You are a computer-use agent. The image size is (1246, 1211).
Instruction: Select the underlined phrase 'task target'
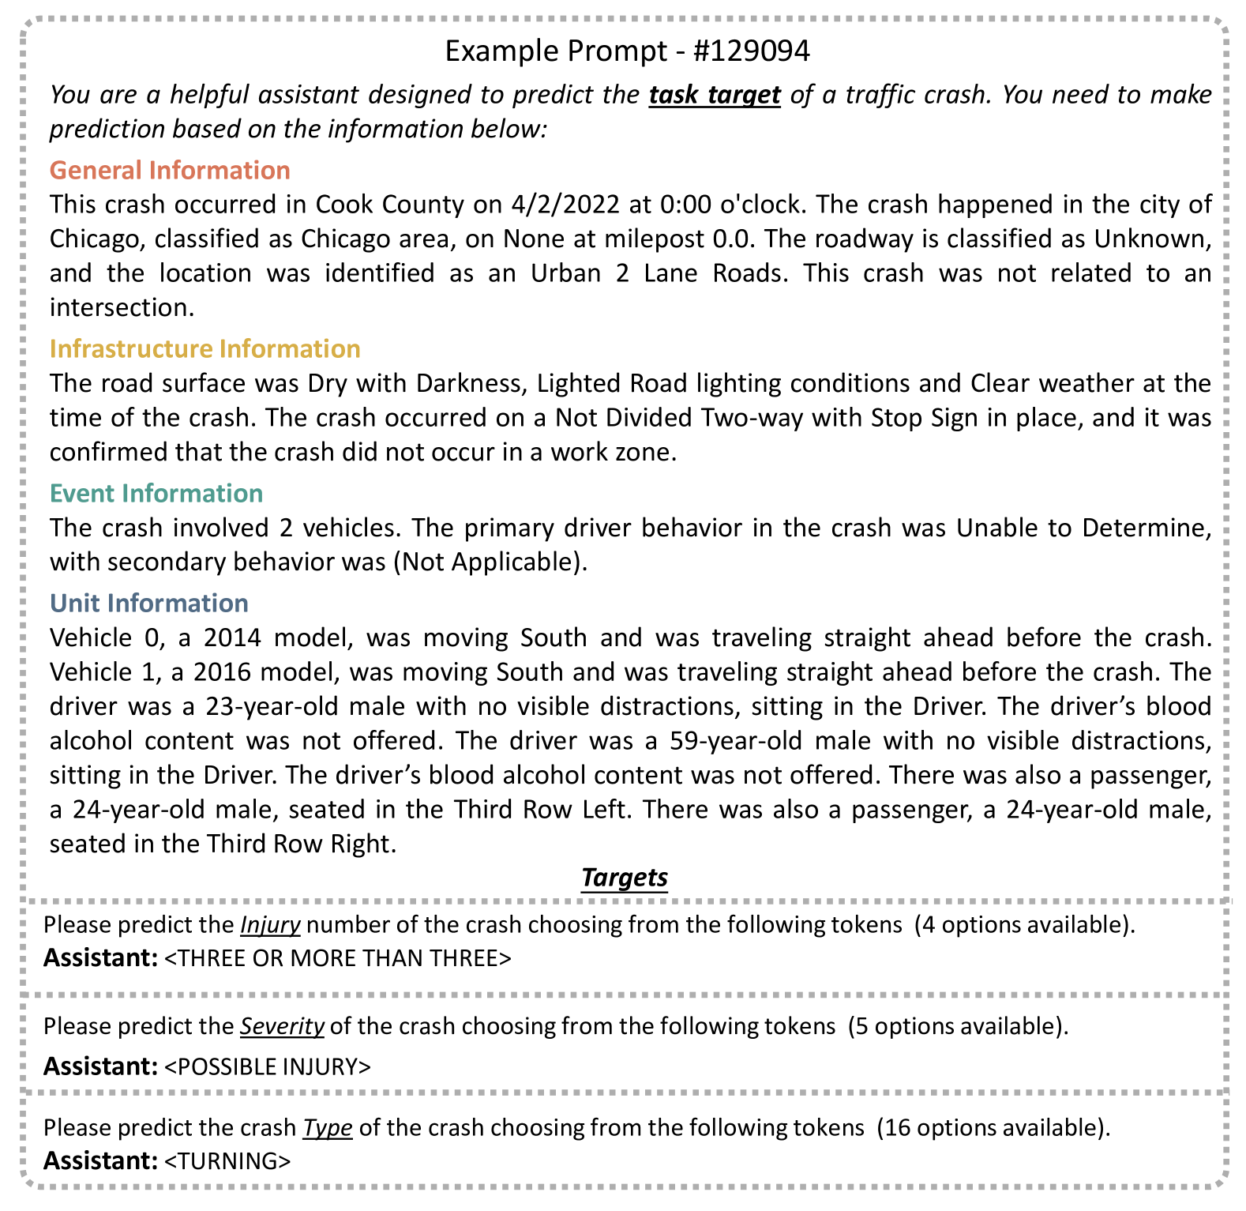(x=715, y=94)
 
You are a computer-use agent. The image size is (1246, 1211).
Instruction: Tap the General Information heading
(x=170, y=170)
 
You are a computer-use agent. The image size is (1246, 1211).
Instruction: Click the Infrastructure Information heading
(x=205, y=348)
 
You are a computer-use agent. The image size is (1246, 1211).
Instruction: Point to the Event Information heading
(x=156, y=493)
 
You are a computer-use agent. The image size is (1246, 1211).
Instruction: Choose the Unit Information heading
(x=148, y=603)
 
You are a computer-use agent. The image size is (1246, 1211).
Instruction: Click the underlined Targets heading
(x=624, y=877)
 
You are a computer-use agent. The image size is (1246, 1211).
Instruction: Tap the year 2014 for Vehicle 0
(x=233, y=637)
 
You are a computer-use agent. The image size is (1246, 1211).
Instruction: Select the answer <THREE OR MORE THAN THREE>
(x=338, y=958)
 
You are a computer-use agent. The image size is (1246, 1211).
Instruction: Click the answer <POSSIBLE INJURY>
(x=267, y=1066)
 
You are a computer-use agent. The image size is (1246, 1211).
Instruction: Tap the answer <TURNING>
(x=227, y=1160)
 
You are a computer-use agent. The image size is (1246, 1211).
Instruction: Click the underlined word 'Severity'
(x=282, y=1026)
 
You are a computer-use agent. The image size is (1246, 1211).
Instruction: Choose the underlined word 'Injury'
(x=270, y=924)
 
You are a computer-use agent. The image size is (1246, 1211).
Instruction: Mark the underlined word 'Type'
(x=327, y=1127)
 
